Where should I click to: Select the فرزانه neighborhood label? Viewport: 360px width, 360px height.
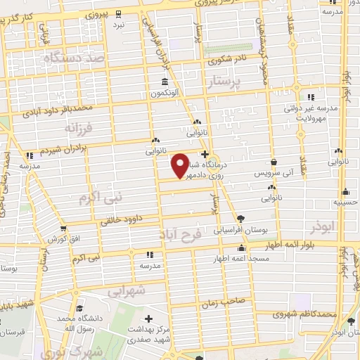(x=78, y=129)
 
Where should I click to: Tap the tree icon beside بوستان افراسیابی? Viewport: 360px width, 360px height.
(x=242, y=219)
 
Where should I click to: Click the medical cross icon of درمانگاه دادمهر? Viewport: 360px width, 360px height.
(x=205, y=153)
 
